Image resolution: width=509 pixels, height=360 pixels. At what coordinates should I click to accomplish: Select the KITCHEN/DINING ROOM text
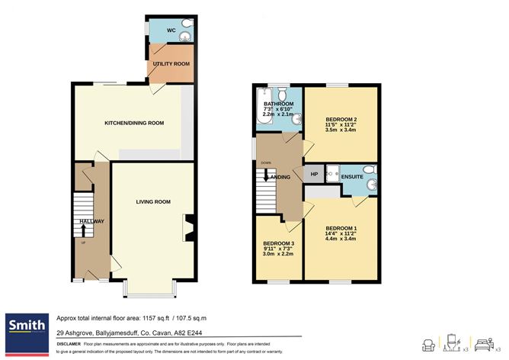(x=134, y=122)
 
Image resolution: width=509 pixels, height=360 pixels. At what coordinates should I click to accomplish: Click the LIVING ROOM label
(x=153, y=202)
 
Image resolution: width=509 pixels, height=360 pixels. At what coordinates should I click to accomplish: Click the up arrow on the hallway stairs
(x=82, y=228)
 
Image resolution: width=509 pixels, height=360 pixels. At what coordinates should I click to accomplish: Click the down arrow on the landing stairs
(x=265, y=173)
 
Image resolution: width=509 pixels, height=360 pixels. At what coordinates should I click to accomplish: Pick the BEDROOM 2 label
(x=341, y=120)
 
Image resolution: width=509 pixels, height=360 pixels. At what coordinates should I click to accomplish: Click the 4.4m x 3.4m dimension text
(x=341, y=238)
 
